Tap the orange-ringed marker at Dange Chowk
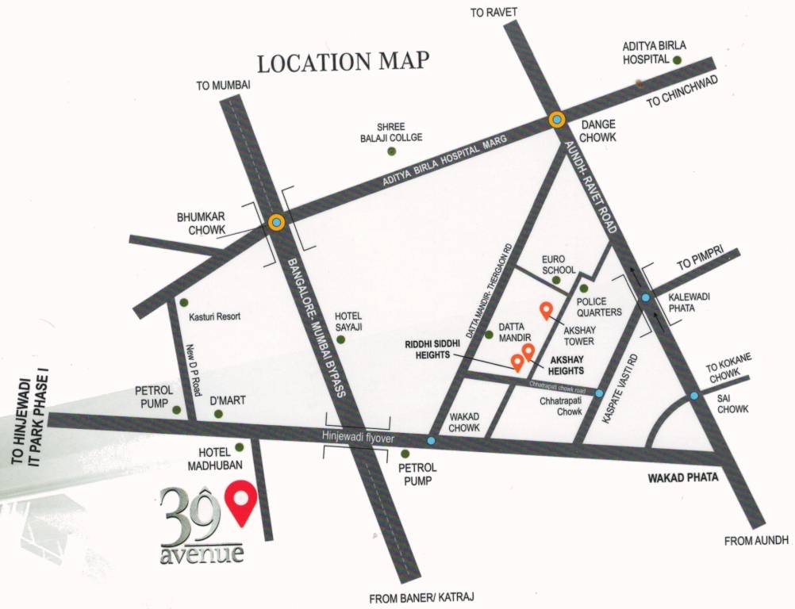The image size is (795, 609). [557, 120]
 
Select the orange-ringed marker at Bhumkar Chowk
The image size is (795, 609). [276, 223]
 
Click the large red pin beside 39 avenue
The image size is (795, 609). [240, 501]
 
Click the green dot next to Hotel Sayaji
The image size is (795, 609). [341, 339]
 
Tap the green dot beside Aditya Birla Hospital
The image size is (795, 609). [677, 59]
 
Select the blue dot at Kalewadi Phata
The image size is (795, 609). [646, 298]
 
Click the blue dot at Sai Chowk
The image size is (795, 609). [694, 395]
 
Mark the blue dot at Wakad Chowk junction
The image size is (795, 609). [431, 440]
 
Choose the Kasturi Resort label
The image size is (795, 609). [214, 316]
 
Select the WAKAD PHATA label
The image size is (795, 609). [683, 477]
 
